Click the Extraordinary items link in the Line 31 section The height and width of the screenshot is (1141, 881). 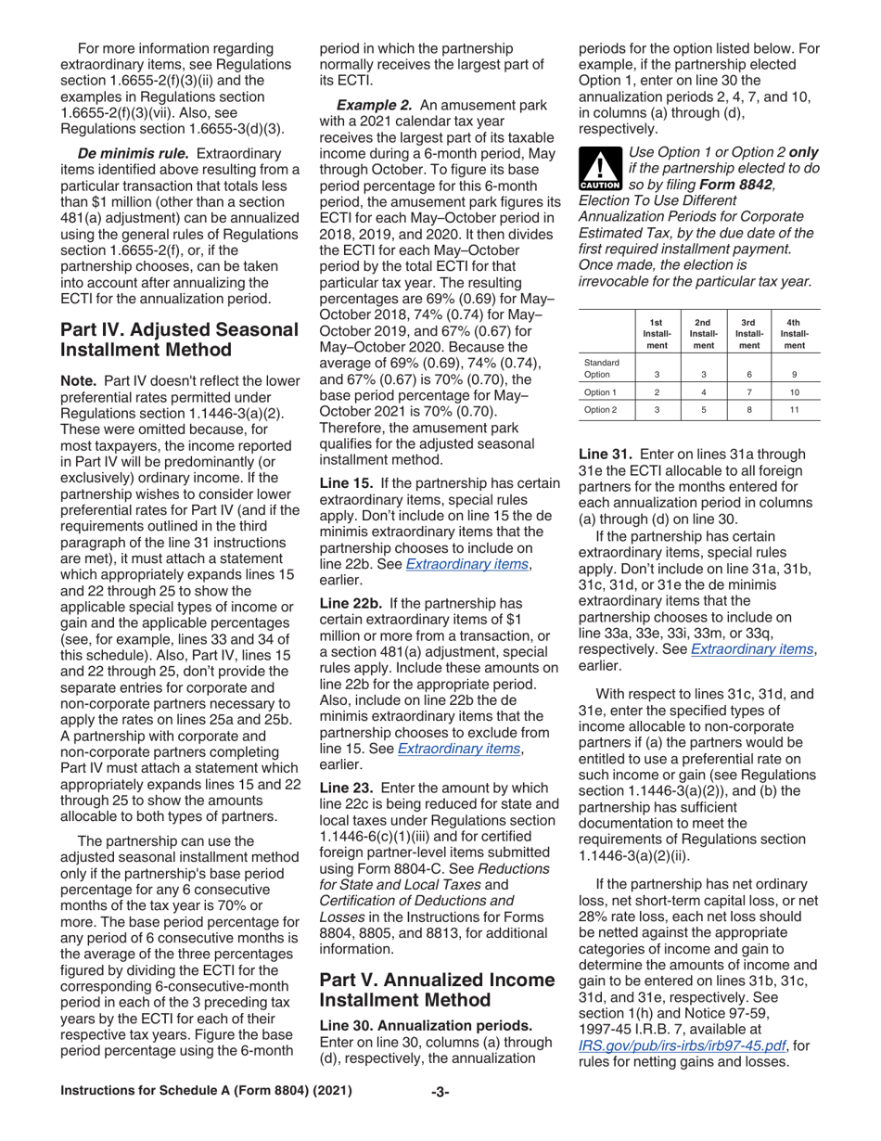pos(742,648)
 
